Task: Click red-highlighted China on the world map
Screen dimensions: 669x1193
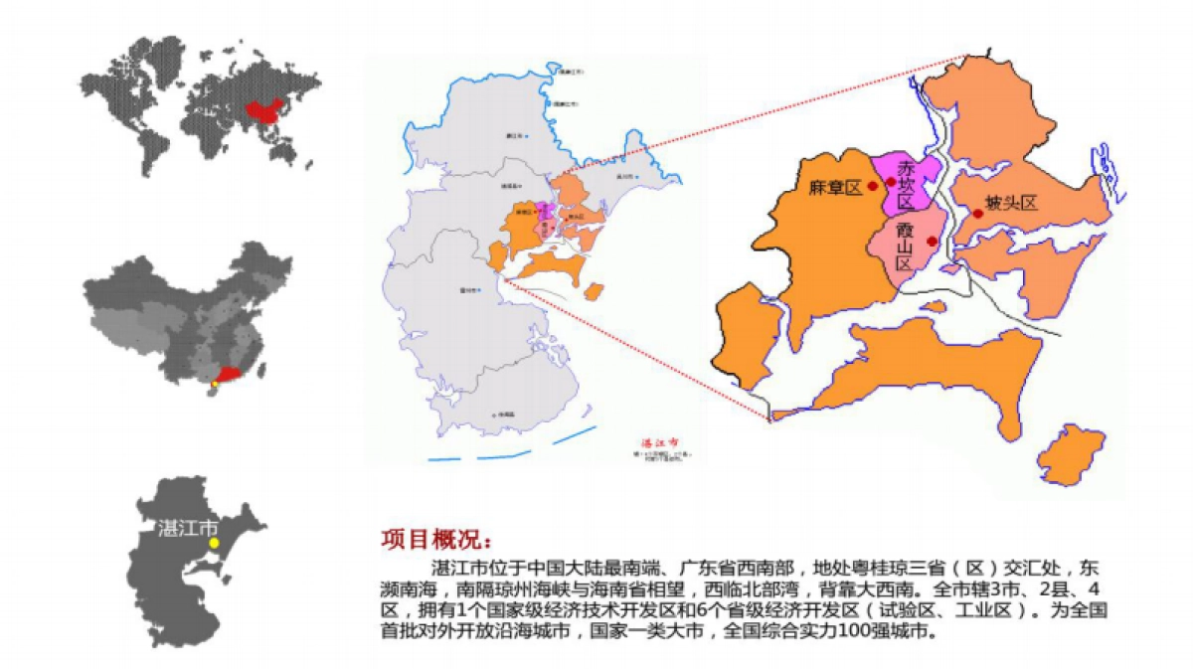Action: tap(259, 112)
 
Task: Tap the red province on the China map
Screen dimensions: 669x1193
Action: tap(231, 374)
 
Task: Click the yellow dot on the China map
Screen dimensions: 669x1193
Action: tap(215, 384)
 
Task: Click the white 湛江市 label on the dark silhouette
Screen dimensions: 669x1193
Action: tap(188, 527)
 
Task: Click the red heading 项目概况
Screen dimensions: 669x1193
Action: tap(435, 540)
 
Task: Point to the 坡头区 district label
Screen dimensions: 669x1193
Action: tap(1011, 203)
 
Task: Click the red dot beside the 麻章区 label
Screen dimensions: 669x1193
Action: tap(872, 185)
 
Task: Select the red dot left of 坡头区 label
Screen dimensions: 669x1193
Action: tap(978, 213)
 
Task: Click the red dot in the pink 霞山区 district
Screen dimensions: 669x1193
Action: tap(931, 241)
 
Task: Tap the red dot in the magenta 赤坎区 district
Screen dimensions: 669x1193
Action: tap(890, 182)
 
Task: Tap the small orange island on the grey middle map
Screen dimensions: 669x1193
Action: tap(594, 291)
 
